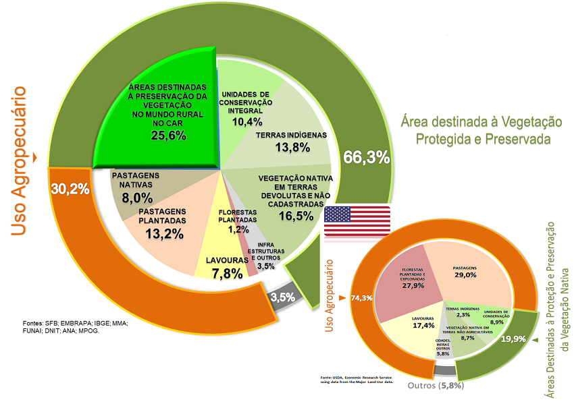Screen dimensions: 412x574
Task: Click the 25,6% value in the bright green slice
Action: pyautogui.click(x=169, y=136)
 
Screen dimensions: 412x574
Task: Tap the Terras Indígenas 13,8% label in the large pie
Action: pyautogui.click(x=292, y=140)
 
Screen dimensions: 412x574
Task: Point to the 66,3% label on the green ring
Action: pyautogui.click(x=366, y=158)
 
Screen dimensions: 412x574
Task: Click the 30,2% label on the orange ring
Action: pyautogui.click(x=70, y=189)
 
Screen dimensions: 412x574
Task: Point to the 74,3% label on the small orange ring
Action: pyautogui.click(x=362, y=297)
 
